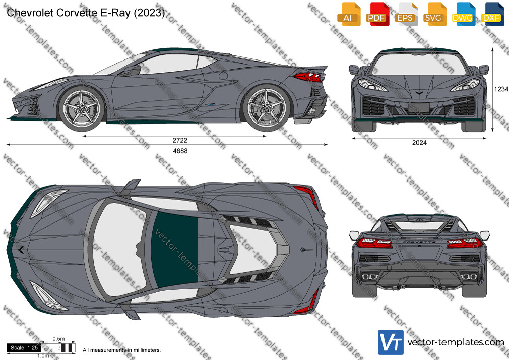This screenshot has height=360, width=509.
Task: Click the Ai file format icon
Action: pyautogui.click(x=349, y=14)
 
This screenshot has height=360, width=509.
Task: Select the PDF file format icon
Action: pyautogui.click(x=377, y=14)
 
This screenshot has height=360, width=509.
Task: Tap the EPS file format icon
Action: pyautogui.click(x=406, y=14)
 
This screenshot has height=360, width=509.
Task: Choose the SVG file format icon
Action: pyautogui.click(x=434, y=14)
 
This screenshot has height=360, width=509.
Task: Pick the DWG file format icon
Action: pyautogui.click(x=463, y=14)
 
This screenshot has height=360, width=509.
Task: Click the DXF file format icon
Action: pyautogui.click(x=492, y=14)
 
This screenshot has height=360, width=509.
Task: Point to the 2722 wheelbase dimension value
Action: pyautogui.click(x=180, y=140)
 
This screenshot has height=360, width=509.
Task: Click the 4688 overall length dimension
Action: pyautogui.click(x=180, y=151)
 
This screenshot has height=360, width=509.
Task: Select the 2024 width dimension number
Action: pyautogui.click(x=419, y=143)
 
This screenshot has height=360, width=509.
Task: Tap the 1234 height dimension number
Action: pyautogui.click(x=501, y=89)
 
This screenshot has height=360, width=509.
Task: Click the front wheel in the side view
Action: pyautogui.click(x=82, y=108)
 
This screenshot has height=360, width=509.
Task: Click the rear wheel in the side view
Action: pyautogui.click(x=266, y=108)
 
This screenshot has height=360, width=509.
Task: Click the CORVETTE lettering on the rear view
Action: pyautogui.click(x=419, y=242)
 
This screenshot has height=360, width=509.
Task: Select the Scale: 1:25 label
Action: pyautogui.click(x=24, y=348)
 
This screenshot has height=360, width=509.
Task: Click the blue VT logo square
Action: pyautogui.click(x=391, y=342)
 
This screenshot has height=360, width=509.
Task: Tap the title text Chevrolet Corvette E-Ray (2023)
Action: pyautogui.click(x=85, y=13)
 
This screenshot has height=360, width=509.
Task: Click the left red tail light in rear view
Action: pyautogui.click(x=374, y=243)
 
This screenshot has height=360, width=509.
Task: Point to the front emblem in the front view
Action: pyautogui.click(x=419, y=93)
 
